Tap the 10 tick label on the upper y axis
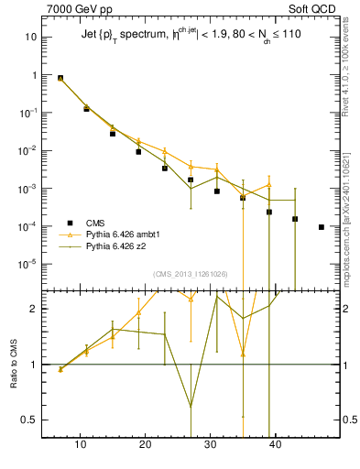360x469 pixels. pyautogui.click(x=31, y=38)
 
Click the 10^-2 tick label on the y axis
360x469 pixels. pyautogui.click(x=28, y=150)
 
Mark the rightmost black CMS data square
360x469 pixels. pyautogui.click(x=322, y=227)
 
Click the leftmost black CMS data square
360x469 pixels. pyautogui.click(x=60, y=78)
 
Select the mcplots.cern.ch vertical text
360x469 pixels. pyautogui.click(x=352, y=211)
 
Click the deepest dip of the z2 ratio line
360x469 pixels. pyautogui.click(x=191, y=406)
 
